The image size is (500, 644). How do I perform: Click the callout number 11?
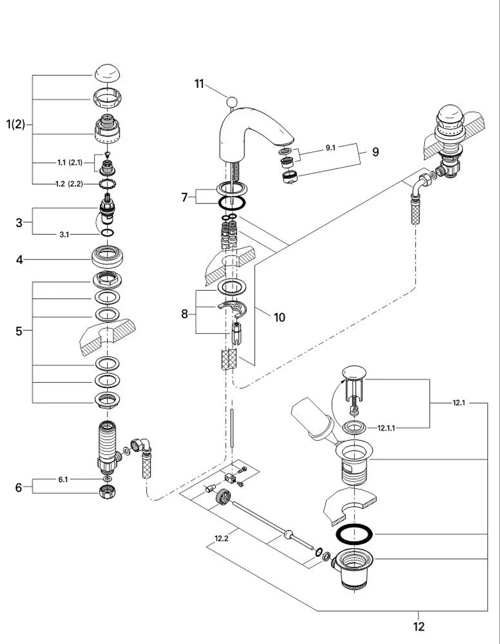[199, 84]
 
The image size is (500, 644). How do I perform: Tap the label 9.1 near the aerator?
[330, 148]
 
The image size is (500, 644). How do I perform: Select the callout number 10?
[279, 317]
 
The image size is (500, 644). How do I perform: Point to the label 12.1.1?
[386, 428]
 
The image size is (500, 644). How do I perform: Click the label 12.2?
[221, 538]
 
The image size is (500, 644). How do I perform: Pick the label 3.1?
[64, 234]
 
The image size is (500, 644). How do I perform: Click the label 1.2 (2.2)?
[69, 184]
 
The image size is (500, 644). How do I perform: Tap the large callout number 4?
[19, 260]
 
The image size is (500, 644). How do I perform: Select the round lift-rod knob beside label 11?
[232, 102]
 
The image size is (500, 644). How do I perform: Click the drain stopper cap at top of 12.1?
[354, 372]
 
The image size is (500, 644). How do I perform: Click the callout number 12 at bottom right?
[419, 626]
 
